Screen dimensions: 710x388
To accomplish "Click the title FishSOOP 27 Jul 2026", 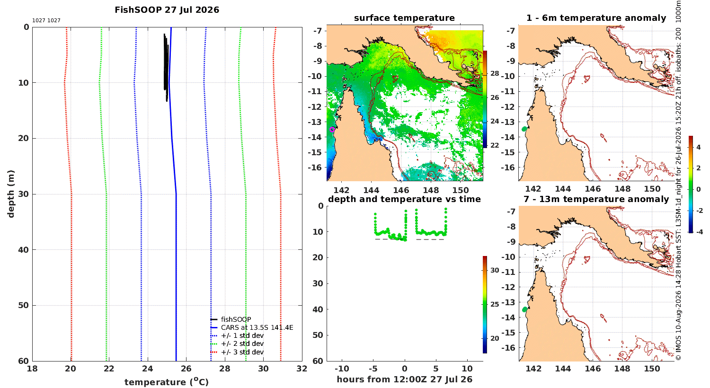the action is [x=167, y=10].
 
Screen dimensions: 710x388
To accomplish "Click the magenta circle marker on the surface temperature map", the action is [x=332, y=129].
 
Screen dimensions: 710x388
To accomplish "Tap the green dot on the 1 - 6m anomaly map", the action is [x=524, y=129].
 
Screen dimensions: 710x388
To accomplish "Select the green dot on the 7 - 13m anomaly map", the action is [x=524, y=309].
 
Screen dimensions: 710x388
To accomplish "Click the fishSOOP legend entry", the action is [x=231, y=319].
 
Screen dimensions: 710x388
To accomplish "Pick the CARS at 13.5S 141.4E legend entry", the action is [x=252, y=327].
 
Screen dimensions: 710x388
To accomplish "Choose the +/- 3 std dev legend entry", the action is [x=237, y=352].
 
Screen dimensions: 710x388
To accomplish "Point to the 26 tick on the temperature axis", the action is [x=186, y=369].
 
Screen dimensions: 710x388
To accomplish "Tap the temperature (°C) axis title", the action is [x=167, y=382].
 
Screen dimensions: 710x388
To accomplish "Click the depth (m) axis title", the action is [x=11, y=194].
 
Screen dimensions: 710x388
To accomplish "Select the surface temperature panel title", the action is [x=404, y=18].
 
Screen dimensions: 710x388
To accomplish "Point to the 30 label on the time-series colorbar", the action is [x=495, y=270].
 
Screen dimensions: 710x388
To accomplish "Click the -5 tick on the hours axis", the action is [x=373, y=369].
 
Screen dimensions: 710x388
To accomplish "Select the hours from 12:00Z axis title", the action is [x=404, y=379].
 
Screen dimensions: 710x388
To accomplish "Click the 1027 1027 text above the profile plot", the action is [x=46, y=20].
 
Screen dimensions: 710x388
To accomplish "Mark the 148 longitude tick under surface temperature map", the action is [x=431, y=190].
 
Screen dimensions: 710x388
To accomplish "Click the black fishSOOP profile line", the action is [x=166, y=67].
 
